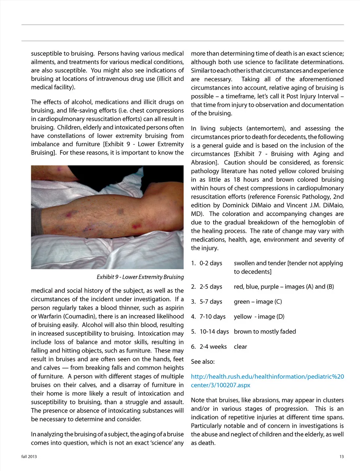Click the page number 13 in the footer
click(341, 456)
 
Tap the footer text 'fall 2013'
click(29, 456)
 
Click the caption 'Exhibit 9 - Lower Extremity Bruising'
click(140, 277)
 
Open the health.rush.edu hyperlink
click(267, 381)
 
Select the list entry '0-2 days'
click(211, 263)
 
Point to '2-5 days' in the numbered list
click(211, 286)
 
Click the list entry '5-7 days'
click(211, 301)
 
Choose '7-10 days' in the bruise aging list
click(212, 316)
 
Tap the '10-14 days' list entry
click(214, 331)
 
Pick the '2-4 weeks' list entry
click(213, 346)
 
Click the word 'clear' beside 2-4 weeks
click(240, 346)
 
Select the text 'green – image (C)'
click(258, 301)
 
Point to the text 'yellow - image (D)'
click(259, 316)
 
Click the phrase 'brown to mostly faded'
click(265, 331)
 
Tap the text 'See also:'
click(202, 361)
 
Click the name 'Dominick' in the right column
click(238, 205)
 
